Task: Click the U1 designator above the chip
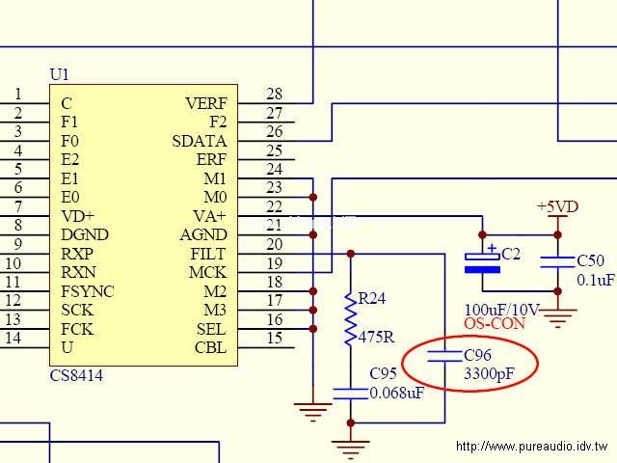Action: pyautogui.click(x=60, y=74)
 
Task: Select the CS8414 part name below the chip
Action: pyautogui.click(x=76, y=375)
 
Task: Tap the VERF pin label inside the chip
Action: pyautogui.click(x=206, y=103)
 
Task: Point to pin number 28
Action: pyautogui.click(x=275, y=95)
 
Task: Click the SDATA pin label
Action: pyautogui.click(x=200, y=141)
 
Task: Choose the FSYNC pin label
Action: pyautogui.click(x=87, y=291)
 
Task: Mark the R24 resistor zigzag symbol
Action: pyautogui.click(x=351, y=318)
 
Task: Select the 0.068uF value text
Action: pyautogui.click(x=396, y=394)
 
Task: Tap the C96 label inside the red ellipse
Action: pyautogui.click(x=478, y=355)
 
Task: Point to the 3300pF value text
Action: pyautogui.click(x=489, y=374)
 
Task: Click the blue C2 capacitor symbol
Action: pyautogui.click(x=483, y=261)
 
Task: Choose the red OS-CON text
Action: pyautogui.click(x=495, y=324)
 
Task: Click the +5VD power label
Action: pyautogui.click(x=558, y=206)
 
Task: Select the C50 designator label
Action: pyautogui.click(x=590, y=261)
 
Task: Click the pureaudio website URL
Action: pyautogui.click(x=532, y=447)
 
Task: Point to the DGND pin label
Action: pyautogui.click(x=85, y=234)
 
